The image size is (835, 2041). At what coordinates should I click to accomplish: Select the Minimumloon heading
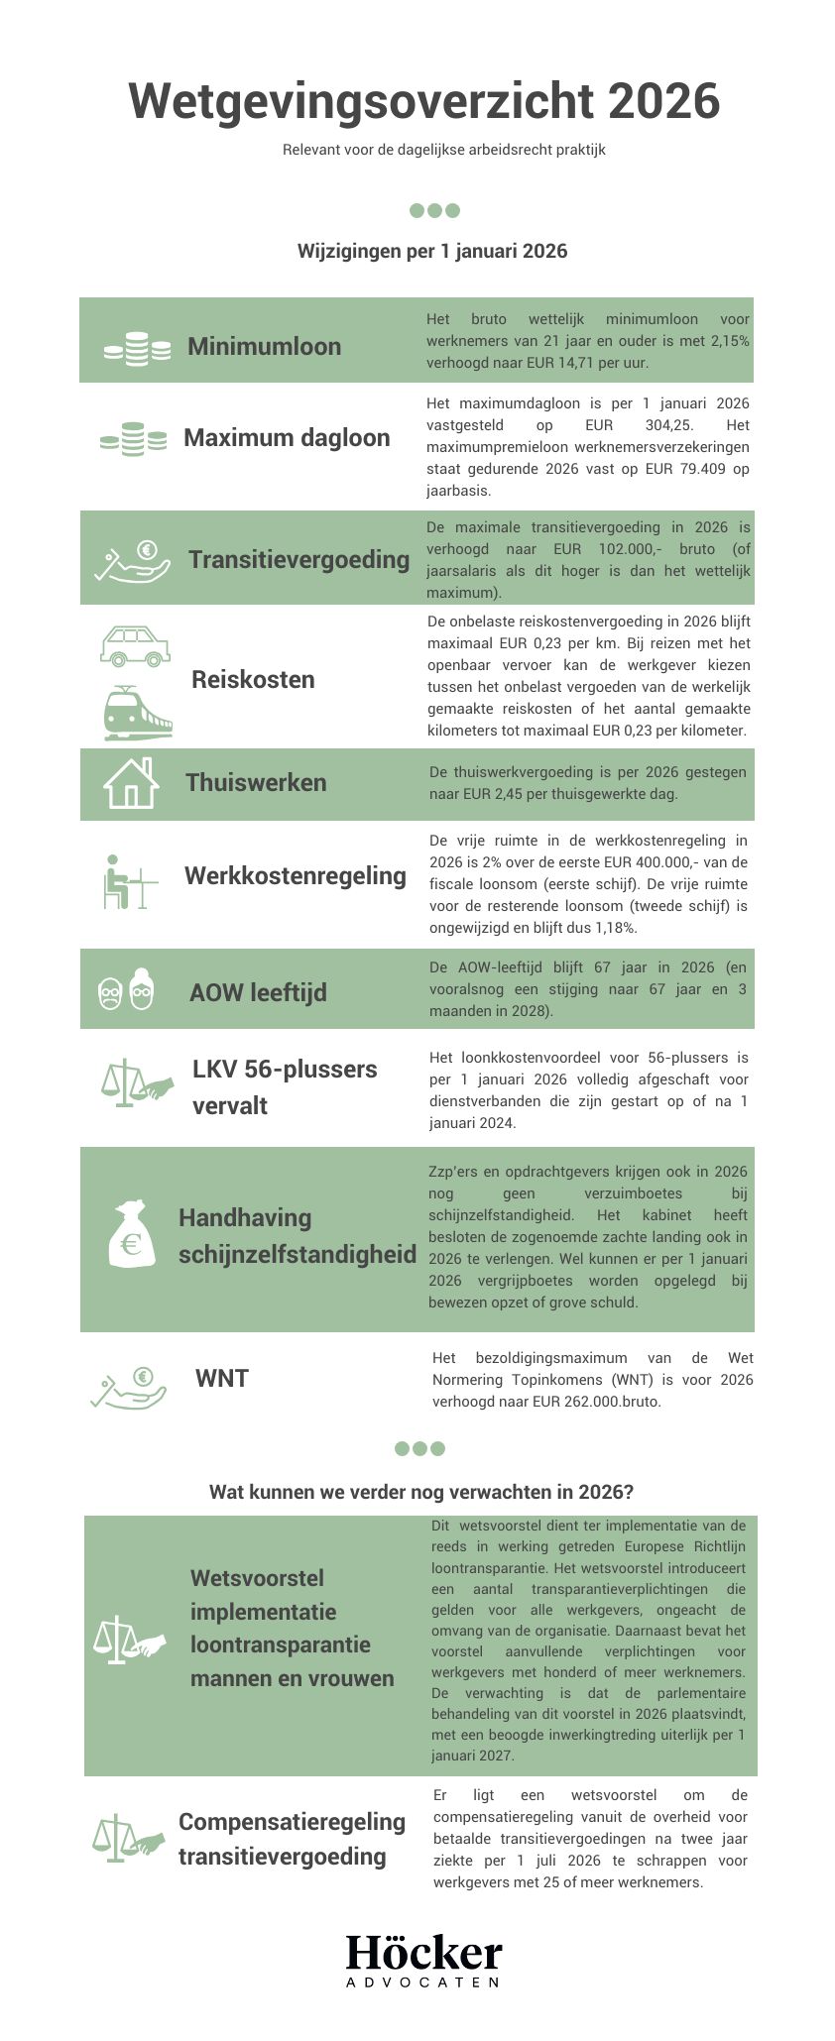(x=264, y=346)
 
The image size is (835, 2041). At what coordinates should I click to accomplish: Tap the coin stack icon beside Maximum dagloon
(x=133, y=439)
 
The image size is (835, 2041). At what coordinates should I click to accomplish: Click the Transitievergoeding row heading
(x=298, y=559)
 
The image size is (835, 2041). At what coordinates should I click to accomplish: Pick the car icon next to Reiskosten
(x=136, y=645)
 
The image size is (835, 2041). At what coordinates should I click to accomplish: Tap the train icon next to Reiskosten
(x=138, y=714)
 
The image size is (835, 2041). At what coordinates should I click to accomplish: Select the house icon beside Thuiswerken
(x=131, y=783)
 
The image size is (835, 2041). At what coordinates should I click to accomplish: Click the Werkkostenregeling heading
(x=295, y=875)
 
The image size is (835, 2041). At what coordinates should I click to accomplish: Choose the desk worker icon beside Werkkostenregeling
(x=129, y=881)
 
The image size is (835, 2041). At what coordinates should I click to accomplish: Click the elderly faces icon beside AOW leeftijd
(x=127, y=990)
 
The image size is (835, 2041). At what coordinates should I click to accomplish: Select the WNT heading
(x=222, y=1378)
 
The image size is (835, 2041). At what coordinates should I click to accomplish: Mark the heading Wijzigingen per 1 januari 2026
(x=432, y=251)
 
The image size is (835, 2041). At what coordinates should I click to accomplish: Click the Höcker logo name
(x=423, y=1953)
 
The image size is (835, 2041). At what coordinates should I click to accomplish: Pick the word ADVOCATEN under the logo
(x=422, y=1982)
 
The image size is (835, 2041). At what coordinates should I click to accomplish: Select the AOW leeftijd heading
(x=258, y=992)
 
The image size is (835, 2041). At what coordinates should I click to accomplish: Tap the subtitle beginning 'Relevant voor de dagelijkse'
(x=443, y=150)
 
